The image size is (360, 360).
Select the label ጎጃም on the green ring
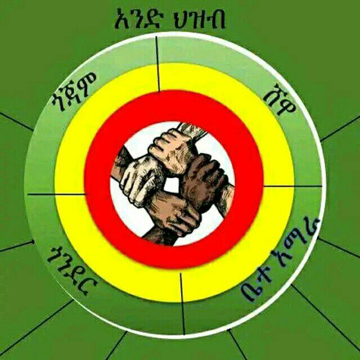(x=74, y=91)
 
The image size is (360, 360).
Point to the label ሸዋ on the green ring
(x=280, y=100)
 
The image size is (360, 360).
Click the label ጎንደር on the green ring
(x=72, y=271)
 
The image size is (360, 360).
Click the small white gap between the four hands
(x=171, y=185)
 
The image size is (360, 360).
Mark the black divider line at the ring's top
(x=157, y=64)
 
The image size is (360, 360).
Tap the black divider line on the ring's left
(x=56, y=194)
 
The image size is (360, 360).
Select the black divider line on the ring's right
(x=292, y=186)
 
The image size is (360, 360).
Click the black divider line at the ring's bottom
(x=183, y=304)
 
